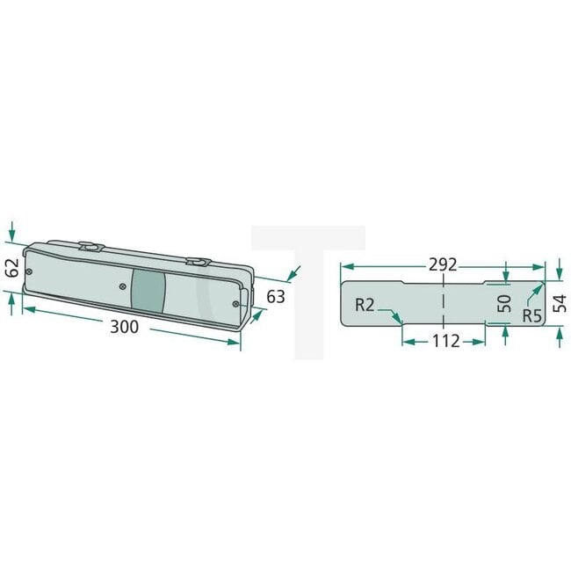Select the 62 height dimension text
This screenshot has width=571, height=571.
coord(11,267)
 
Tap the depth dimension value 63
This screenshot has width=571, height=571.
coord(275,297)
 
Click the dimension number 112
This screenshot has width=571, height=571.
coord(445,341)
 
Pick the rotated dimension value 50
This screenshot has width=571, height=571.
coord(504,303)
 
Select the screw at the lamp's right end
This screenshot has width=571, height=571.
coord(235,303)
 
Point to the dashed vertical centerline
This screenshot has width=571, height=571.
coord(445,303)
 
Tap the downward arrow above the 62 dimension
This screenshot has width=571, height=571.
coord(11,237)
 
